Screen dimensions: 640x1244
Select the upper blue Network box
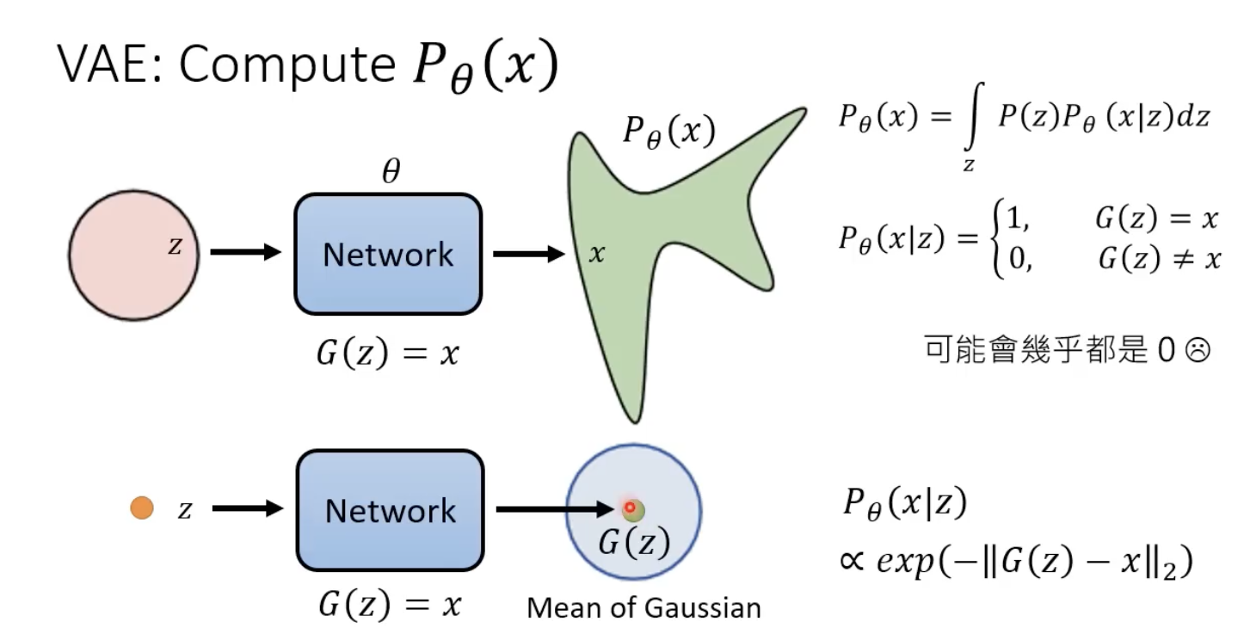(x=388, y=255)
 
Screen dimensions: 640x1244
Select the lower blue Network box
(x=390, y=511)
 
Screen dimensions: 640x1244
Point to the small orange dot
(x=142, y=508)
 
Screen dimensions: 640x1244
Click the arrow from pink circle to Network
(x=246, y=252)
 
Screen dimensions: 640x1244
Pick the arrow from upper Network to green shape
(x=527, y=254)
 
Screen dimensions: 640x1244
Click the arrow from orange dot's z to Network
(x=248, y=509)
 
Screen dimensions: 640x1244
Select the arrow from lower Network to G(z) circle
(x=556, y=509)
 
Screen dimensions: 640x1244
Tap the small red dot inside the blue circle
(x=630, y=508)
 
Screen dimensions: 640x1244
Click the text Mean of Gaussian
(x=644, y=608)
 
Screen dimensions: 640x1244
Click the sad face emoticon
(x=1198, y=351)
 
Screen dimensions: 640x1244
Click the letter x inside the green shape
(x=597, y=254)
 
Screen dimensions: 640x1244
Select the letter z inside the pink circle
(x=175, y=247)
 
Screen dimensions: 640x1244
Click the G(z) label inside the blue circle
(x=634, y=542)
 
